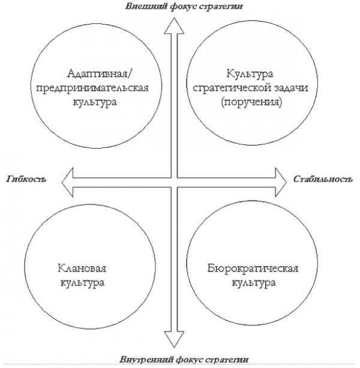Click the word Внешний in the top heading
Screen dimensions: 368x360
[x=144, y=7]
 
